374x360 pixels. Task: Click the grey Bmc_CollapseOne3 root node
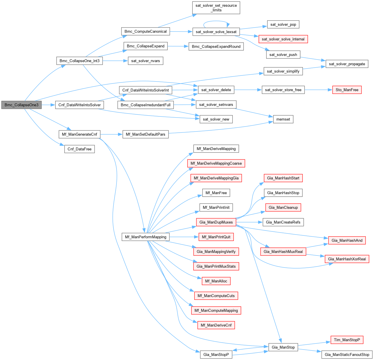[22, 105]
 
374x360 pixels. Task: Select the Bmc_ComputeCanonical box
[146, 31]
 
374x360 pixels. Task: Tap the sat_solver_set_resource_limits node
[216, 8]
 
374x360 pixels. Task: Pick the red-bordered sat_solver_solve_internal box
[283, 39]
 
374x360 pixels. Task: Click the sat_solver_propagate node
[347, 64]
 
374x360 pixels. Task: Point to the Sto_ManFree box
[347, 90]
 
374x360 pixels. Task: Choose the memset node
[283, 119]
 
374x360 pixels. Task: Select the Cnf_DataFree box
[80, 149]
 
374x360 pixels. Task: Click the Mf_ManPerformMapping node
[146, 237]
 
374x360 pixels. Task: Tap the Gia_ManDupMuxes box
[216, 222]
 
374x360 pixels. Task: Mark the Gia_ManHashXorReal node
[347, 259]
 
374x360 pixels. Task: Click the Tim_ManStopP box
[347, 340]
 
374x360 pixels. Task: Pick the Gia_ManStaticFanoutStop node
[347, 354]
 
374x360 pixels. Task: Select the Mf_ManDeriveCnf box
[216, 325]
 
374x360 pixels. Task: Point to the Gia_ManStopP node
[216, 354]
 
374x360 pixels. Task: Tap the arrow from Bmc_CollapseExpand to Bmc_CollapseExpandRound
[178, 46]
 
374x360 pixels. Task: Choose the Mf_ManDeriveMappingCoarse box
[216, 163]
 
